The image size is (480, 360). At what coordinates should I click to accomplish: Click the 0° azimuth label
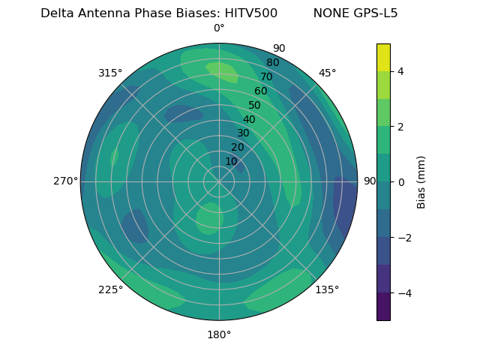(219, 28)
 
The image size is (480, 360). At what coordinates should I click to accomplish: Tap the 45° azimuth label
(327, 73)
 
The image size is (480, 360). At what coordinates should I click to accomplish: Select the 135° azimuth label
(327, 289)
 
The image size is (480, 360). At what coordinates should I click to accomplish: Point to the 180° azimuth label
(219, 334)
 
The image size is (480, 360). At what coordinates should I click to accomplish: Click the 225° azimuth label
(110, 289)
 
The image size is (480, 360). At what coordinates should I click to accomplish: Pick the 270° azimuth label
(66, 181)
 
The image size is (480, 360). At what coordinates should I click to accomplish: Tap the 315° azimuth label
(110, 73)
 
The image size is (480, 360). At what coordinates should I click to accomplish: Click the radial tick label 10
(231, 161)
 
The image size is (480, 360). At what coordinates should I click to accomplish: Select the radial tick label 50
(254, 105)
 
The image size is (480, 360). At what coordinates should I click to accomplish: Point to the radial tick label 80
(272, 62)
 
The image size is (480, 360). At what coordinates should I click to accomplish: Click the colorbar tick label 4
(401, 71)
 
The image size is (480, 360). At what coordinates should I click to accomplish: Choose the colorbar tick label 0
(401, 182)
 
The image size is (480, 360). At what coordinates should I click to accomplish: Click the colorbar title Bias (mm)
(421, 181)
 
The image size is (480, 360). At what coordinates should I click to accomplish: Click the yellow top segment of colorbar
(383, 57)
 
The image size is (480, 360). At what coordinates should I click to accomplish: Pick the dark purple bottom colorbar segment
(383, 307)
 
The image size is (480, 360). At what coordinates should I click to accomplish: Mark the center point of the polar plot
(219, 181)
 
